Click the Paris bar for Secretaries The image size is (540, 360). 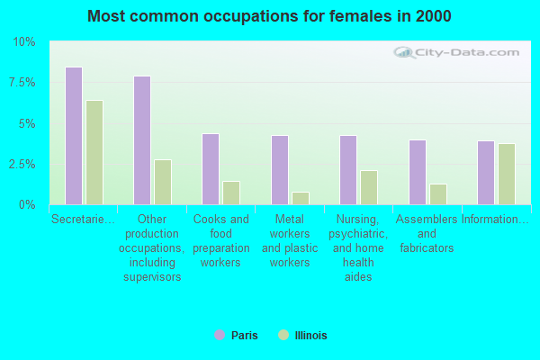tap(74, 136)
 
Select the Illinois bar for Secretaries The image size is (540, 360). tap(94, 152)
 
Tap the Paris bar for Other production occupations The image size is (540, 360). tap(142, 140)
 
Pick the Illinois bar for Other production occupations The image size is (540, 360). tap(163, 182)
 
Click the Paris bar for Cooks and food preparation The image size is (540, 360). tap(211, 169)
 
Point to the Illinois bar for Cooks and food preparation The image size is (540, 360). tap(231, 193)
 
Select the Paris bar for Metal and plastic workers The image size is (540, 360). tap(280, 170)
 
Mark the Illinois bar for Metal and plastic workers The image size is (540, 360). tap(301, 198)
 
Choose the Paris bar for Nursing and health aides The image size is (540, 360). tap(348, 170)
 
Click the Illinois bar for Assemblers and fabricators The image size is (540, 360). tap(438, 194)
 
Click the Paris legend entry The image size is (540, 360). tap(236, 336)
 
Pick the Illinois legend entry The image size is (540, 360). tap(303, 336)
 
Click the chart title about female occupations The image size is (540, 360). tap(270, 16)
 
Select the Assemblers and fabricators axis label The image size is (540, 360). tap(427, 233)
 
